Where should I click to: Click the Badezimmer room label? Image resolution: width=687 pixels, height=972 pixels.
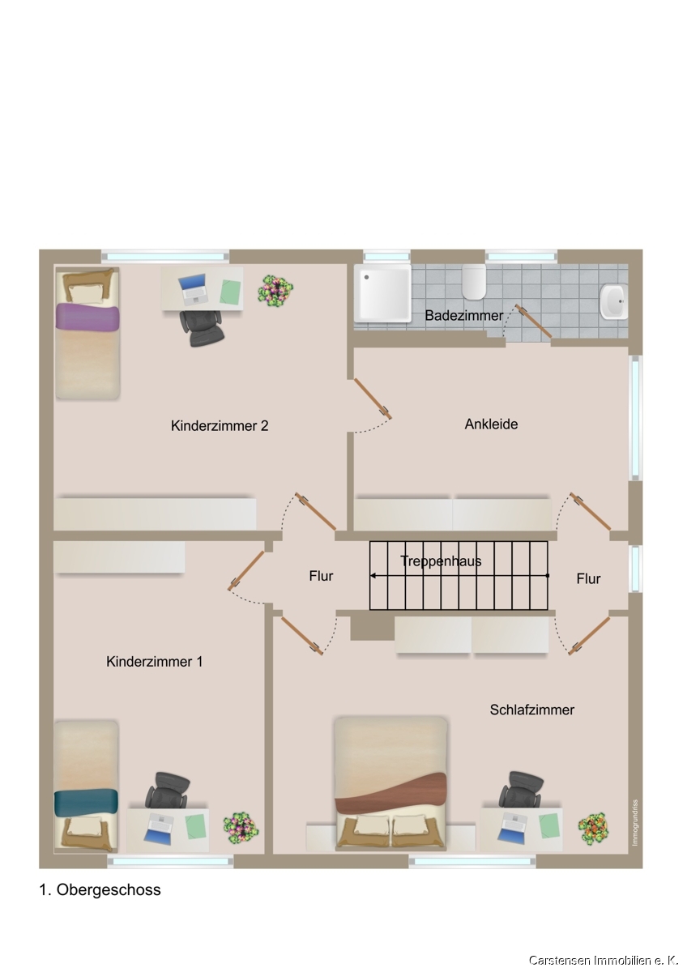463,315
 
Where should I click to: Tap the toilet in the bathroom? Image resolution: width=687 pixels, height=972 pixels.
473,281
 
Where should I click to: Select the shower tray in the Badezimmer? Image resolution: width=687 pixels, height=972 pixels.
382,293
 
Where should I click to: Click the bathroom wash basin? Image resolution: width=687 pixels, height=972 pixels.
613,301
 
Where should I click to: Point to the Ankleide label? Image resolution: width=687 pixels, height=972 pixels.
491,424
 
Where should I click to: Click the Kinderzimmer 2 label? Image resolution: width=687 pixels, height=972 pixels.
220,426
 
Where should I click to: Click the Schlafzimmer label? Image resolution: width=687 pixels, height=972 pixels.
532,710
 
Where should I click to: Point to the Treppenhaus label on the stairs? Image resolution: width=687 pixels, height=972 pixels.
441,561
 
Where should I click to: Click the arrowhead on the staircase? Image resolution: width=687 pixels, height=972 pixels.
373,576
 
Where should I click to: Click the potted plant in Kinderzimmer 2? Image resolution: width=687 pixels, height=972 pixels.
275,288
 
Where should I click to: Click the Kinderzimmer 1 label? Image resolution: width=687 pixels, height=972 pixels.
155,662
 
